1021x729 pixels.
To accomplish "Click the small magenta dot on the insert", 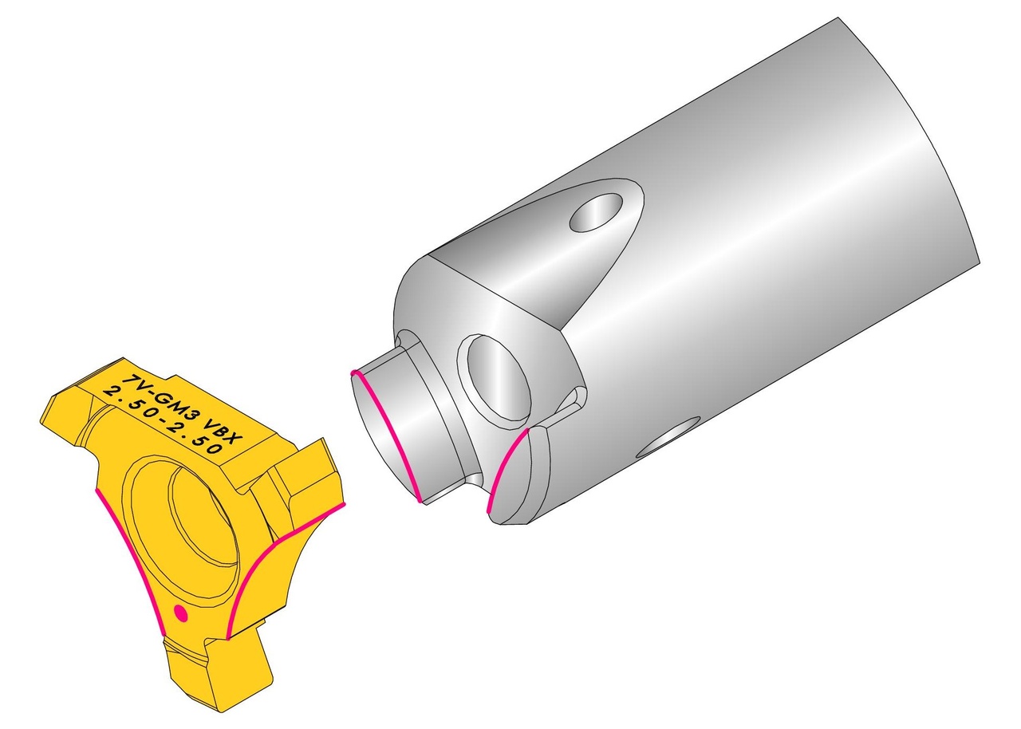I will click(181, 613).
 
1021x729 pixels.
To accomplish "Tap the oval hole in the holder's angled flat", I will click(598, 212).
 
